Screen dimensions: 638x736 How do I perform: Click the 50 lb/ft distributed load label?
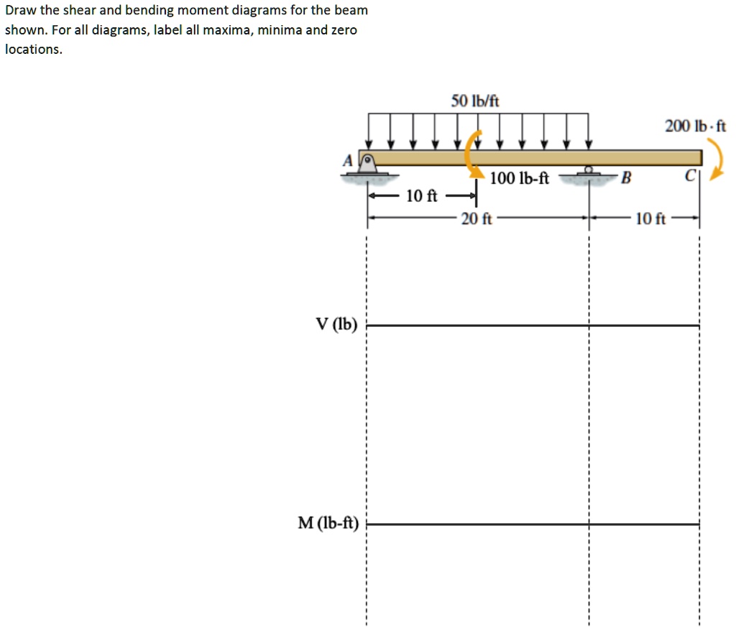[x=475, y=101]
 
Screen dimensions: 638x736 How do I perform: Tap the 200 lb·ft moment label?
[x=695, y=126]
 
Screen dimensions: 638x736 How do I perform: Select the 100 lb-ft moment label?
[x=519, y=178]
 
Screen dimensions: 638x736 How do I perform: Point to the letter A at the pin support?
[x=348, y=162]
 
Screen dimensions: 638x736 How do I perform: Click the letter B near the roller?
[x=625, y=178]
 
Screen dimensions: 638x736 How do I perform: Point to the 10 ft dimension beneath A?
[x=422, y=195]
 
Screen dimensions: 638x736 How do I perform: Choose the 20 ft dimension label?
[x=477, y=219]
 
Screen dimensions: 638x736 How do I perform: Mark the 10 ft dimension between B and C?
[x=651, y=218]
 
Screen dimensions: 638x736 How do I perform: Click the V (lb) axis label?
[x=336, y=324]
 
